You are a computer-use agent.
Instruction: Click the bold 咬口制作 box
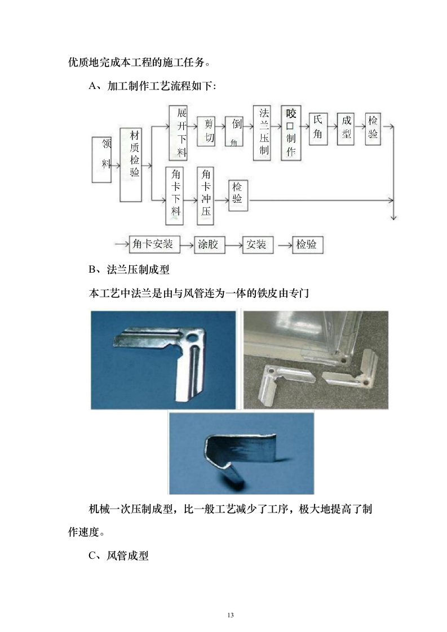tap(291, 133)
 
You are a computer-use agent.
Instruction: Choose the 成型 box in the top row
tap(346, 128)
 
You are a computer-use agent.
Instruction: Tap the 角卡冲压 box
tap(206, 194)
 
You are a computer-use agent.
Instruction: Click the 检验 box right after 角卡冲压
tap(238, 195)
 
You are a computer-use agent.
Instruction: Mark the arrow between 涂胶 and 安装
tap(233, 245)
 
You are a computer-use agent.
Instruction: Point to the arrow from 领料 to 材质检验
tap(115, 166)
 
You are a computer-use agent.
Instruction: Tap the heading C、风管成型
tap(119, 556)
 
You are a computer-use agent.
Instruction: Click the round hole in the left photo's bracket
tap(193, 339)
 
